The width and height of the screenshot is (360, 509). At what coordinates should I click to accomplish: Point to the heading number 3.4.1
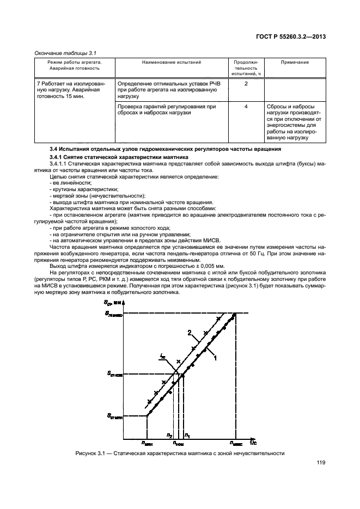tap(59, 156)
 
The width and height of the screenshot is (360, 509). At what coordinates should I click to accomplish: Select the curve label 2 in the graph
tap(189, 333)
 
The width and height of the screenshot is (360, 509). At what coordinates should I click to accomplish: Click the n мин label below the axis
tap(147, 442)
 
